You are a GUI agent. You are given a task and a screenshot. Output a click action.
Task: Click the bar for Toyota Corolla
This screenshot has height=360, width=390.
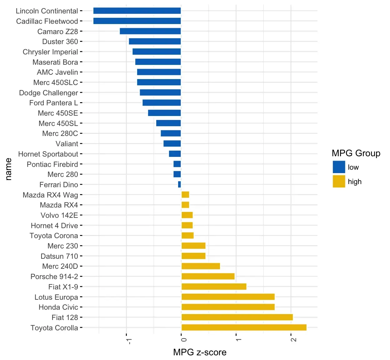[244, 327]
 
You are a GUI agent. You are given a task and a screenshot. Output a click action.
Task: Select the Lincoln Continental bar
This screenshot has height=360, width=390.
[137, 11]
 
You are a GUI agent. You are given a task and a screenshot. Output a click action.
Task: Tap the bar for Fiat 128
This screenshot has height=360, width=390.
[237, 317]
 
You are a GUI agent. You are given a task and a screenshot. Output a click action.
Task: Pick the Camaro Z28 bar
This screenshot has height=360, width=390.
[150, 31]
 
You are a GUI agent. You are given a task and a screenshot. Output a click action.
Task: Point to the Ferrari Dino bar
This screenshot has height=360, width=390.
[179, 184]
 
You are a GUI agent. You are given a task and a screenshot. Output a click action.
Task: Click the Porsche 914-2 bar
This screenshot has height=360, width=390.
[208, 276]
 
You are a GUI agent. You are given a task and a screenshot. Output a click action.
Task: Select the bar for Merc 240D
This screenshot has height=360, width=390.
[201, 266]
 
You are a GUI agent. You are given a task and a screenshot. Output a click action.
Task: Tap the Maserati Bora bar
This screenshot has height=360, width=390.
[158, 62]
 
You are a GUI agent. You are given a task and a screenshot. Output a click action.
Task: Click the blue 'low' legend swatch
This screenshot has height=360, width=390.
[339, 167]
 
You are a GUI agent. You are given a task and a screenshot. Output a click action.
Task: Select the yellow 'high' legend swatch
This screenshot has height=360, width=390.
[339, 181]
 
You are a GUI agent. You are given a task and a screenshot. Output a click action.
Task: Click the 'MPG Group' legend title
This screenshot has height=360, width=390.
[356, 153]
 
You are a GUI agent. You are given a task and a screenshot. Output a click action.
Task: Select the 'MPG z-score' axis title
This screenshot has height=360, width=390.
[200, 352]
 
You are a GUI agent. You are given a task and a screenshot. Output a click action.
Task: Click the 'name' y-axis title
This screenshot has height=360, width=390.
[8, 169]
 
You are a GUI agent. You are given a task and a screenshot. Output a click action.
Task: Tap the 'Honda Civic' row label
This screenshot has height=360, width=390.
[58, 307]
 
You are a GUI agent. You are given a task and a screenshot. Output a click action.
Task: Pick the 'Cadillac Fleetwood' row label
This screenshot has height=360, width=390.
[47, 21]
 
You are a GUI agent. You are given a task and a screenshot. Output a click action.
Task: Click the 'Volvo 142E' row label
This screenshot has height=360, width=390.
[59, 215]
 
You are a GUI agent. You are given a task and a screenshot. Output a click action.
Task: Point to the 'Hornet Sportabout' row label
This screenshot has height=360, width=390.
[48, 154]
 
